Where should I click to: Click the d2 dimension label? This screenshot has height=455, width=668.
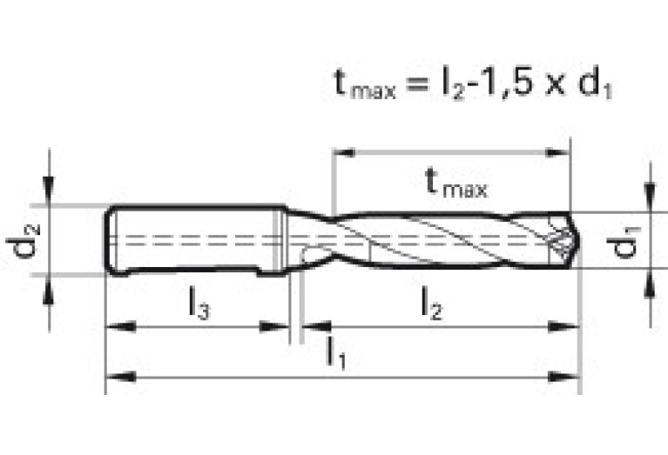coord(23,241)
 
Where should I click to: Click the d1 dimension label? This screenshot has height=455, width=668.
coord(624,243)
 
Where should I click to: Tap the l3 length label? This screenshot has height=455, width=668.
coord(199,303)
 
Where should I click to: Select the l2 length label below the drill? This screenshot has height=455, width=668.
coord(432,303)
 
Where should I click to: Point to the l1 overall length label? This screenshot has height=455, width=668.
coord(335,353)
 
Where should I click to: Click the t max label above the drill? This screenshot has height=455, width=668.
coord(456,182)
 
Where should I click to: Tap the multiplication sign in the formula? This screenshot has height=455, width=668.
coord(554,84)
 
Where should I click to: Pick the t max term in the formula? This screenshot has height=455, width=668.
coord(365,84)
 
